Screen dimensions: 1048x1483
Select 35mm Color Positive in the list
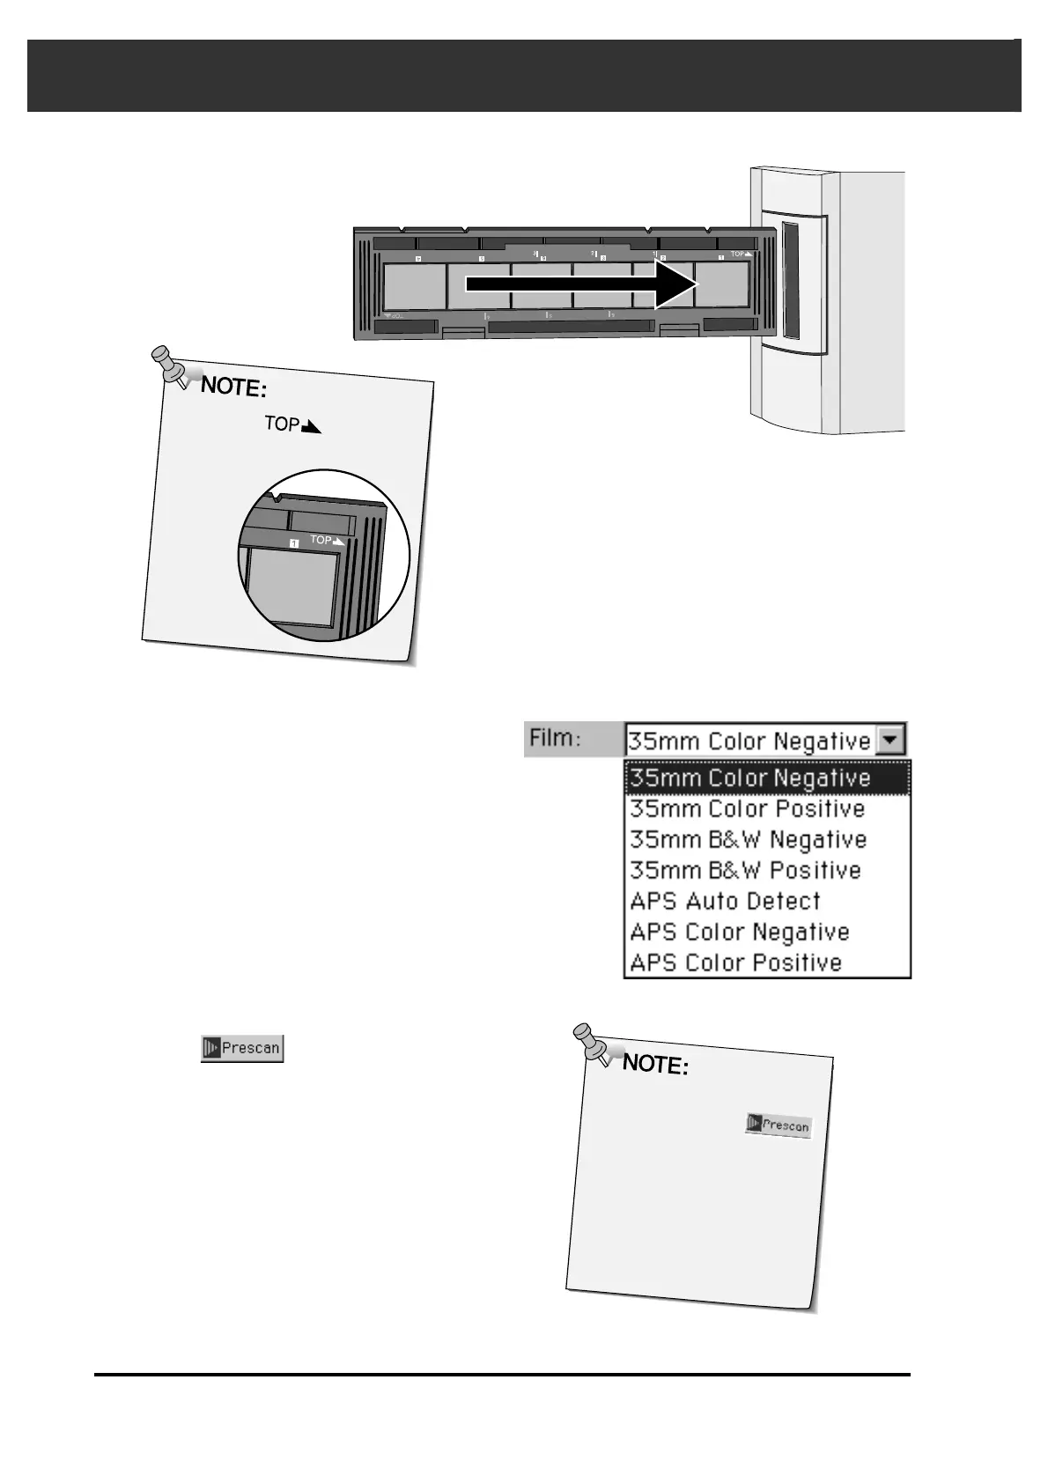(x=748, y=809)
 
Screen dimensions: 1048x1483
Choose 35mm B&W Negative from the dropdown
(x=749, y=840)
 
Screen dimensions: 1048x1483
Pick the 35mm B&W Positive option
(x=746, y=871)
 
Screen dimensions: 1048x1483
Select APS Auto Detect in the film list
(x=726, y=902)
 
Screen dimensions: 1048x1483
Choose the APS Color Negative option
(x=740, y=933)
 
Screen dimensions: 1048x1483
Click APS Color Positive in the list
(x=736, y=963)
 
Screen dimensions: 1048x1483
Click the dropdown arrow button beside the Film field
(x=892, y=741)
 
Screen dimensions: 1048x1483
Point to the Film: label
(x=556, y=738)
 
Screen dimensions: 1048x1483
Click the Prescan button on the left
(x=242, y=1048)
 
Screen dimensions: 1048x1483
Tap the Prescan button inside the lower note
(x=778, y=1125)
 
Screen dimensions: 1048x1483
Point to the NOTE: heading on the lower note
(x=654, y=1065)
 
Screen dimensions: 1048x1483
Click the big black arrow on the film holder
(x=581, y=284)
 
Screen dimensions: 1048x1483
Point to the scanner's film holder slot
(x=789, y=280)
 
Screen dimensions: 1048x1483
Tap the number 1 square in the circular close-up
(x=294, y=543)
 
